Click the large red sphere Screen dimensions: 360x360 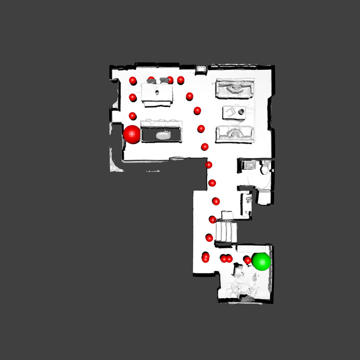tap(132, 134)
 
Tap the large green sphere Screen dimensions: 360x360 tap(261, 262)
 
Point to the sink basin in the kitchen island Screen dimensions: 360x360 tap(164, 134)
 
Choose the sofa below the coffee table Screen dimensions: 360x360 tap(235, 134)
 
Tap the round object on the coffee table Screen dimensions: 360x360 tap(241, 112)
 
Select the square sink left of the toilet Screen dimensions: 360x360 tap(248, 165)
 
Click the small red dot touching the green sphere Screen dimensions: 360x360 tap(247, 260)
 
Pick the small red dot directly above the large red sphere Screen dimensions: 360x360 tap(133, 116)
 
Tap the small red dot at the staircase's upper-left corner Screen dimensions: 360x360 tap(213, 219)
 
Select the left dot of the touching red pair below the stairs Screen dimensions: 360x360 tap(224, 258)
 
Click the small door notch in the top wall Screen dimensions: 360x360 tap(201, 69)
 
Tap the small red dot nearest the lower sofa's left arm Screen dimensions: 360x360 tap(201, 129)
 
